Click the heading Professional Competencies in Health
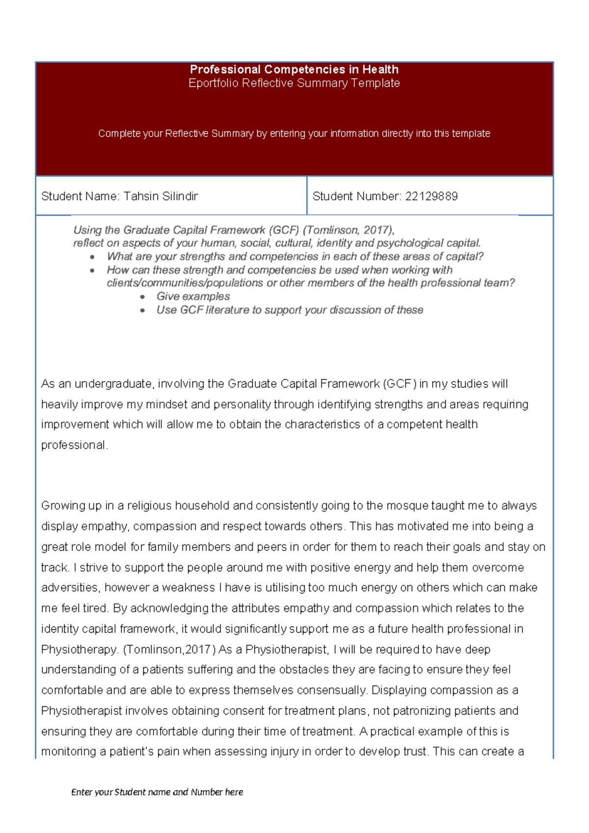[x=294, y=69]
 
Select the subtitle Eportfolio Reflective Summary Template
[x=294, y=83]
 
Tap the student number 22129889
[x=431, y=196]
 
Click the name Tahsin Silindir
[x=161, y=196]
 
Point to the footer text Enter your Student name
[x=157, y=792]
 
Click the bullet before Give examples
[x=142, y=297]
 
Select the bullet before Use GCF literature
[x=142, y=310]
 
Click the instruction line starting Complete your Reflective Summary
[x=294, y=134]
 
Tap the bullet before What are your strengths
[x=92, y=257]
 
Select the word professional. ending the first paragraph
[x=74, y=445]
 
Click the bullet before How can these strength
[x=92, y=271]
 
